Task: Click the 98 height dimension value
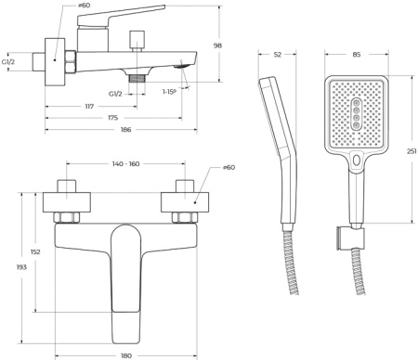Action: point(217,45)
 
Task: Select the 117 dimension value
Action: point(89,107)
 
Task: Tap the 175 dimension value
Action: point(113,118)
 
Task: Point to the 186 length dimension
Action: point(126,130)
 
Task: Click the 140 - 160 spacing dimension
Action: point(125,163)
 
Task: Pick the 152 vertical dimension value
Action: point(35,251)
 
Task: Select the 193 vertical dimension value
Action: point(21,267)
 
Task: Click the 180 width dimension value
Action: point(126,355)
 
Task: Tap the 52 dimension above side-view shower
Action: point(278,55)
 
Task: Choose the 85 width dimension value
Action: point(357,55)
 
